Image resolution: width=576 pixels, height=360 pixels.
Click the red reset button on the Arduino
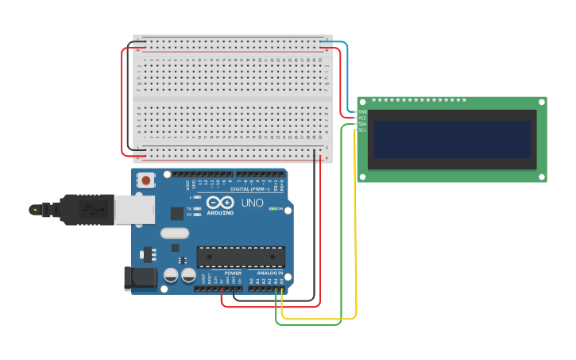(146, 180)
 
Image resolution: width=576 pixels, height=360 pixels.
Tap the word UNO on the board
(252, 203)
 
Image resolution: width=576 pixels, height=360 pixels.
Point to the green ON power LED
(273, 209)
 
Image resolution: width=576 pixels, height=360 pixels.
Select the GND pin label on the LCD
(362, 112)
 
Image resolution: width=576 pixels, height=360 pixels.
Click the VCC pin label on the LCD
(362, 118)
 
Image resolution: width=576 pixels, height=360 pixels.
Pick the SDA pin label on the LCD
(362, 124)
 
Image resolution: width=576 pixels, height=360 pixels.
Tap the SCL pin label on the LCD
(362, 130)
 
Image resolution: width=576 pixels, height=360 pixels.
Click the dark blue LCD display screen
(450, 139)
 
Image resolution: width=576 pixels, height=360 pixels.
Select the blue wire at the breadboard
(340, 56)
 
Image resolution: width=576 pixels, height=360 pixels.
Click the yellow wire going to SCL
(355, 238)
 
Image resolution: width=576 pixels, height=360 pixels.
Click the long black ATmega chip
(241, 257)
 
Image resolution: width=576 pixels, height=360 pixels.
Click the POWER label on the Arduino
(233, 273)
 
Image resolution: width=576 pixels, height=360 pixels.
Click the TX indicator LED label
(189, 209)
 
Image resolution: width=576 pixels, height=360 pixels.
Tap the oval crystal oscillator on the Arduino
(175, 234)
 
